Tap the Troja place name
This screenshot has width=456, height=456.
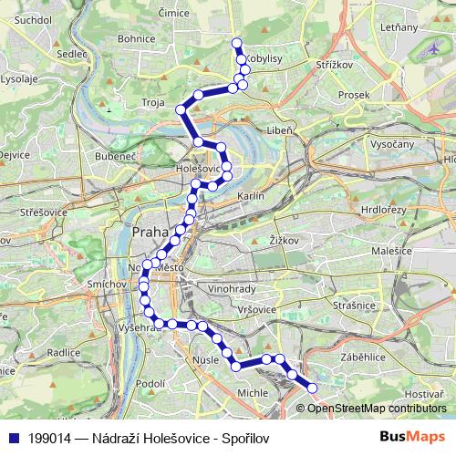click(x=153, y=103)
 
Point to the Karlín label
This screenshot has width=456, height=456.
click(x=250, y=196)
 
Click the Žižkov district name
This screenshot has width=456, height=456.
click(x=285, y=239)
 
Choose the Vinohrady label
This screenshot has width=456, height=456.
click(x=231, y=288)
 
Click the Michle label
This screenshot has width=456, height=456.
click(x=252, y=391)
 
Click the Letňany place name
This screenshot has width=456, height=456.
click(x=400, y=27)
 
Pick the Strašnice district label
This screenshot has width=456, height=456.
click(x=355, y=306)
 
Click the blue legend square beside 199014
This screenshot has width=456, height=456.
click(x=14, y=436)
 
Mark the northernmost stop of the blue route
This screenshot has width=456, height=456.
click(x=236, y=42)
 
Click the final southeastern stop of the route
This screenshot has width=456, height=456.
click(x=312, y=388)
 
